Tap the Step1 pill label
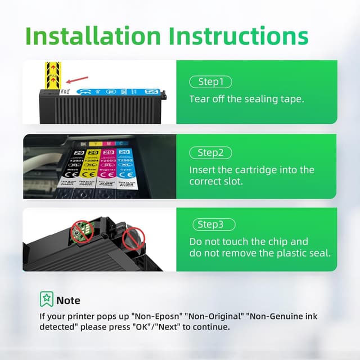pyautogui.click(x=210, y=82)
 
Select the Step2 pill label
pyautogui.click(x=210, y=152)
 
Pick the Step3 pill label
pyautogui.click(x=210, y=224)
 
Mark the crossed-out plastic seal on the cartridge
pyautogui.click(x=134, y=240)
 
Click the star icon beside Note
pyautogui.click(x=46, y=299)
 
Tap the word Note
pyautogui.click(x=68, y=300)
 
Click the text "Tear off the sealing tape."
pyautogui.click(x=246, y=99)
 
